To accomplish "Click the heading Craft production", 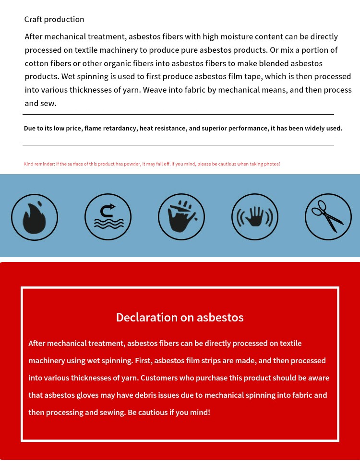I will tap(54, 20).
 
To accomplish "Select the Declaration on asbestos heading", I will tap(180, 317).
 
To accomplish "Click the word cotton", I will tap(37, 63).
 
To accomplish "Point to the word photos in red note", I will tap(271, 164).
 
